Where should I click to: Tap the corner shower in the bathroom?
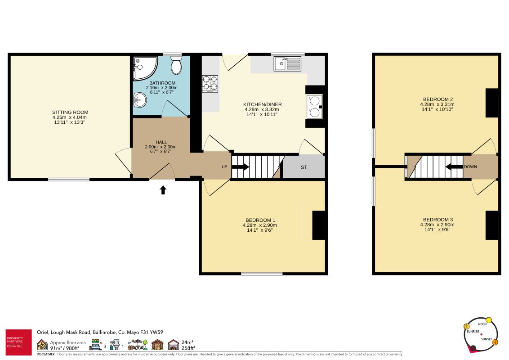coord(144,68)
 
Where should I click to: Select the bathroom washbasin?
coord(140,100)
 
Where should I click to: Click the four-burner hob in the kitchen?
coord(210,84)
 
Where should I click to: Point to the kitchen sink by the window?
coord(287,63)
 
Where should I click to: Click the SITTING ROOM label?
coord(70,112)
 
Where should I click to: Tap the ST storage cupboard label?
coord(304,167)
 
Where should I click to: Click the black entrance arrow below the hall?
coord(163,190)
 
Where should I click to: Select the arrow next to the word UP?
coord(241,167)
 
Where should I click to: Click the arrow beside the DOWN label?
coord(454,166)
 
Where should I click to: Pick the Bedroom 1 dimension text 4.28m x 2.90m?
coord(260,225)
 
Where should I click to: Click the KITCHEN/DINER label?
coord(263,104)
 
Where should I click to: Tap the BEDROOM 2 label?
coord(438,99)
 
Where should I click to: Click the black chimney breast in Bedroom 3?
coord(492,225)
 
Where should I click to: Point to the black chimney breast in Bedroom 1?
coord(319,225)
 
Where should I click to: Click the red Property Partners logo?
coord(19,342)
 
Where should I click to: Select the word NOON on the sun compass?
coord(482,324)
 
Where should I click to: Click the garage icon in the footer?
coord(174,345)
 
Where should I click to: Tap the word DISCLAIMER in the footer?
coord(46,354)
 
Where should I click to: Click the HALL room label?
coord(161,142)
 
